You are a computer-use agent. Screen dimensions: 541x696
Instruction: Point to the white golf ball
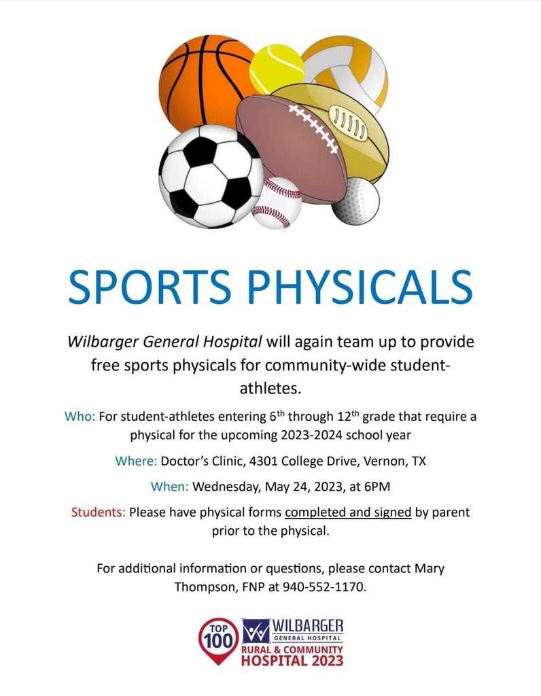pos(356,201)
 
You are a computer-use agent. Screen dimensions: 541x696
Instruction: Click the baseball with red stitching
pos(277,203)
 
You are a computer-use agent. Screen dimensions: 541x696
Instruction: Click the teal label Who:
pos(80,417)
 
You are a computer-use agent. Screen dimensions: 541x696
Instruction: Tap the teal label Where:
pos(136,462)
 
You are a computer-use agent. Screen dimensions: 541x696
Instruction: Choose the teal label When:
pos(170,487)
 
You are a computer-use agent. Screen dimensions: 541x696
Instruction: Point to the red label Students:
pos(99,512)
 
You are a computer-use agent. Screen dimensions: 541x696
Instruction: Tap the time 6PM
pos(377,487)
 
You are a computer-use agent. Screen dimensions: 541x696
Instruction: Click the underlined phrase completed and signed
pos(348,512)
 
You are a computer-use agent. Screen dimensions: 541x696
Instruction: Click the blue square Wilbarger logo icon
pos(256,631)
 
